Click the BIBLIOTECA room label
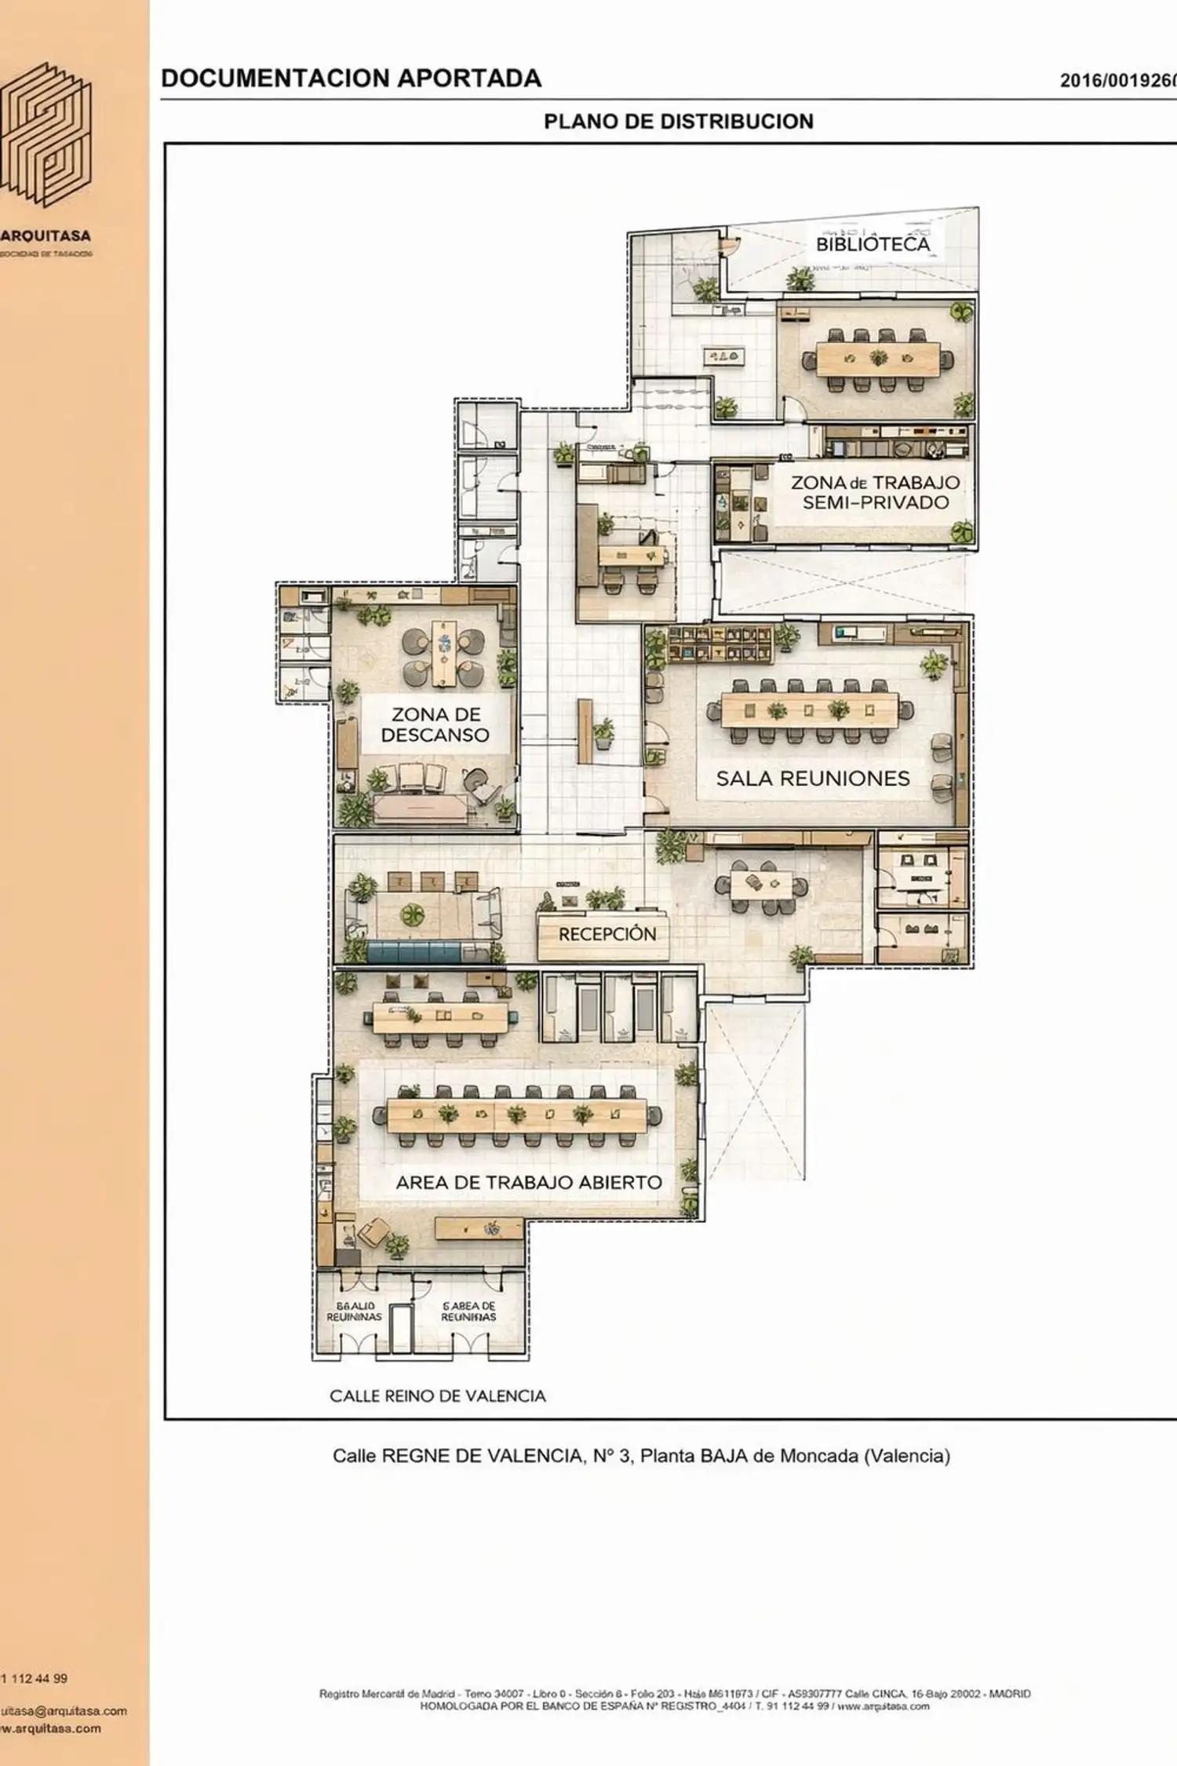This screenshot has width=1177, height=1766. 873,244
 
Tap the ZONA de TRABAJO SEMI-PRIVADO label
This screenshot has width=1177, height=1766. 875,493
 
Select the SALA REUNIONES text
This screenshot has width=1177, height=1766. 812,779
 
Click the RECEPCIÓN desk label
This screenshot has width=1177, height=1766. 607,934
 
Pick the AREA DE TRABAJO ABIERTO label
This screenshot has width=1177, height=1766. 528,1182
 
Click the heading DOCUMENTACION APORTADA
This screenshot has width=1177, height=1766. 351,78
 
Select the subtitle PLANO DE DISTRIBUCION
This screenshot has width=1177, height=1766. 678,122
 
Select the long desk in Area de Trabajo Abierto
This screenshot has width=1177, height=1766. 516,1115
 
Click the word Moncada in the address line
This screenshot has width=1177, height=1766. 818,1456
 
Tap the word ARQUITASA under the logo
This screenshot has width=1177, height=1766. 46,235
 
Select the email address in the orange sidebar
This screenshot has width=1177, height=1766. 63,1711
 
